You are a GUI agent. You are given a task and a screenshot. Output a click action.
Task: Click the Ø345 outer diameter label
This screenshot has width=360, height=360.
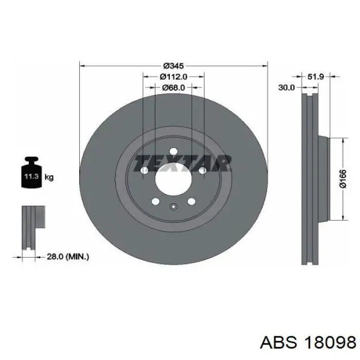point(173,66)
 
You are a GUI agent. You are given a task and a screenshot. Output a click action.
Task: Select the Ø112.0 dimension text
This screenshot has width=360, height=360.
point(173,77)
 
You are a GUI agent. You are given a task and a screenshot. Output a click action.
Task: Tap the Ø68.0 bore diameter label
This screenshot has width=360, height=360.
point(173,87)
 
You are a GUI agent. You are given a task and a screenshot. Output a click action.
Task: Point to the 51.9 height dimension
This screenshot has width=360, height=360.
point(315,77)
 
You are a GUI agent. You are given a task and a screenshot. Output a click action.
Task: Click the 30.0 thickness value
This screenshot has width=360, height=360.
point(286,87)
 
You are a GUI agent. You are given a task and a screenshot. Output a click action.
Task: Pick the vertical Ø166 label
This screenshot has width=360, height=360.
point(343,179)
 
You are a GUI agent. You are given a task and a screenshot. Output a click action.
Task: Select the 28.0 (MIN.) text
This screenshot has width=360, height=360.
point(68,257)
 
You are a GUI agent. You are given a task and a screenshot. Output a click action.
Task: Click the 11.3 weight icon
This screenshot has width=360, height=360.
point(31,173)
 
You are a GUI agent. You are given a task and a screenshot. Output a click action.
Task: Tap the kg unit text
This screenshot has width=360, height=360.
point(49,177)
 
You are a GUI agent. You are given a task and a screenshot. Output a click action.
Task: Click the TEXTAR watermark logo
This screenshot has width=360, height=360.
point(182,164)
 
